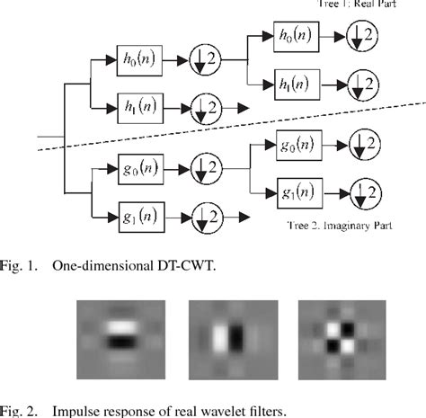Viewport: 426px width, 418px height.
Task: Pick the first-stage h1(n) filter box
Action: (x=138, y=107)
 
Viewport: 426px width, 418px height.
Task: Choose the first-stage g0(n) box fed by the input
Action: (x=138, y=166)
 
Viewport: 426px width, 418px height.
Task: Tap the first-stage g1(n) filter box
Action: (x=138, y=217)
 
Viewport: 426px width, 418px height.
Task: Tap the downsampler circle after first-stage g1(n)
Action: (x=207, y=217)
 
